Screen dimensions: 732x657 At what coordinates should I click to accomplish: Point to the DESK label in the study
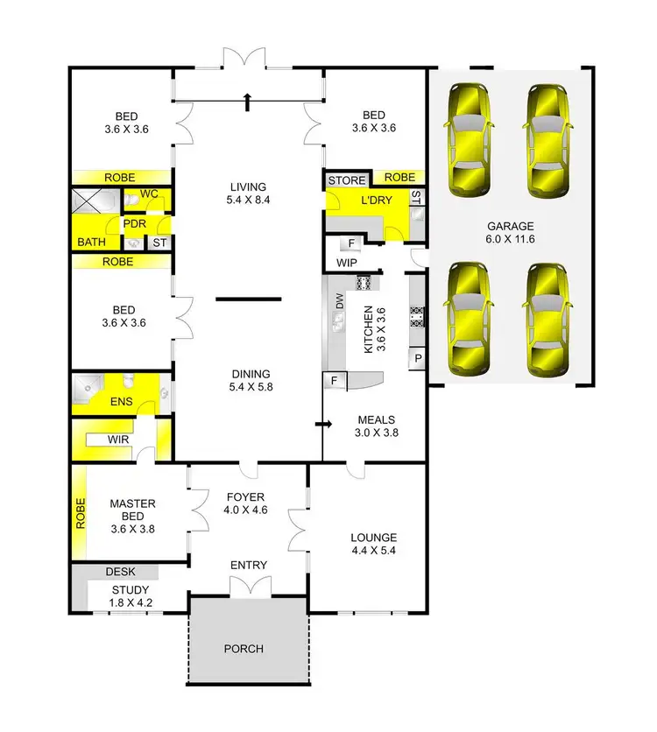click(121, 571)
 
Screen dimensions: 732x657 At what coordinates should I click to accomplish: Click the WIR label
click(119, 438)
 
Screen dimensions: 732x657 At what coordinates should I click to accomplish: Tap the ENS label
click(119, 404)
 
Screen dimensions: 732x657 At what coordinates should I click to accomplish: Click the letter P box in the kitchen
click(418, 358)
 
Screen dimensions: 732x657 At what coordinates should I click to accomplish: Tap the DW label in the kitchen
click(339, 301)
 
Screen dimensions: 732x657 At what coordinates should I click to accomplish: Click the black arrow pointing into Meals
click(323, 425)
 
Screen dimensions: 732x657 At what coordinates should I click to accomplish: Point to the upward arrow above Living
click(249, 102)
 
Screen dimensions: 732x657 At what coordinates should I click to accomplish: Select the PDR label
click(134, 222)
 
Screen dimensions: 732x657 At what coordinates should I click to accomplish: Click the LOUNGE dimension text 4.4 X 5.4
click(373, 552)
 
